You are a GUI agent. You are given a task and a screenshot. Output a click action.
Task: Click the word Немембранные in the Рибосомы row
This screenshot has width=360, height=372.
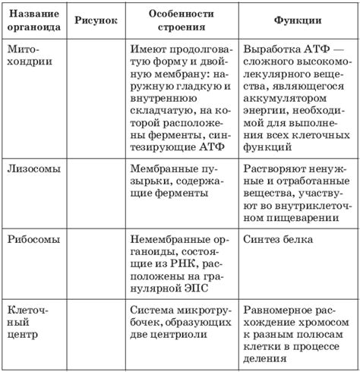164,238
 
